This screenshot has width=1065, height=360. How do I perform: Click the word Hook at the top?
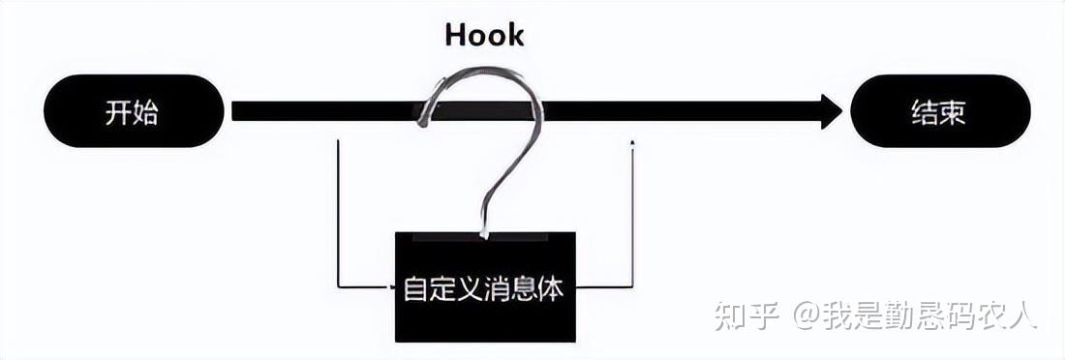(x=484, y=35)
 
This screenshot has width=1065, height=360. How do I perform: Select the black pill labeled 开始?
(x=134, y=111)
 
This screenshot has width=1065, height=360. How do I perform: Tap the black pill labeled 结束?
(x=940, y=111)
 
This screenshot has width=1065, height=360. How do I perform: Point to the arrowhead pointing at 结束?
(x=831, y=111)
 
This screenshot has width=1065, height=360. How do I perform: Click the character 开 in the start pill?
(x=118, y=112)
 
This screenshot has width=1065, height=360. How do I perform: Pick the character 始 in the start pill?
(x=145, y=112)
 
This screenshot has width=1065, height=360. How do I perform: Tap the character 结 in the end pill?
(x=926, y=112)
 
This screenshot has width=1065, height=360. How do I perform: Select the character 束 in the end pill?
(x=954, y=112)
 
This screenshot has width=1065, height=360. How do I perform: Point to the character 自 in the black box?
(x=415, y=288)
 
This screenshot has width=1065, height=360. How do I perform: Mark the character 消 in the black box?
(x=483, y=288)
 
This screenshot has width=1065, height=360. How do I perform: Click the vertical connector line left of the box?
(x=337, y=213)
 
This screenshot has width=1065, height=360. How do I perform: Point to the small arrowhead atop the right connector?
(x=632, y=143)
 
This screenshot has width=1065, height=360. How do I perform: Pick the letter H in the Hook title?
(x=455, y=35)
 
